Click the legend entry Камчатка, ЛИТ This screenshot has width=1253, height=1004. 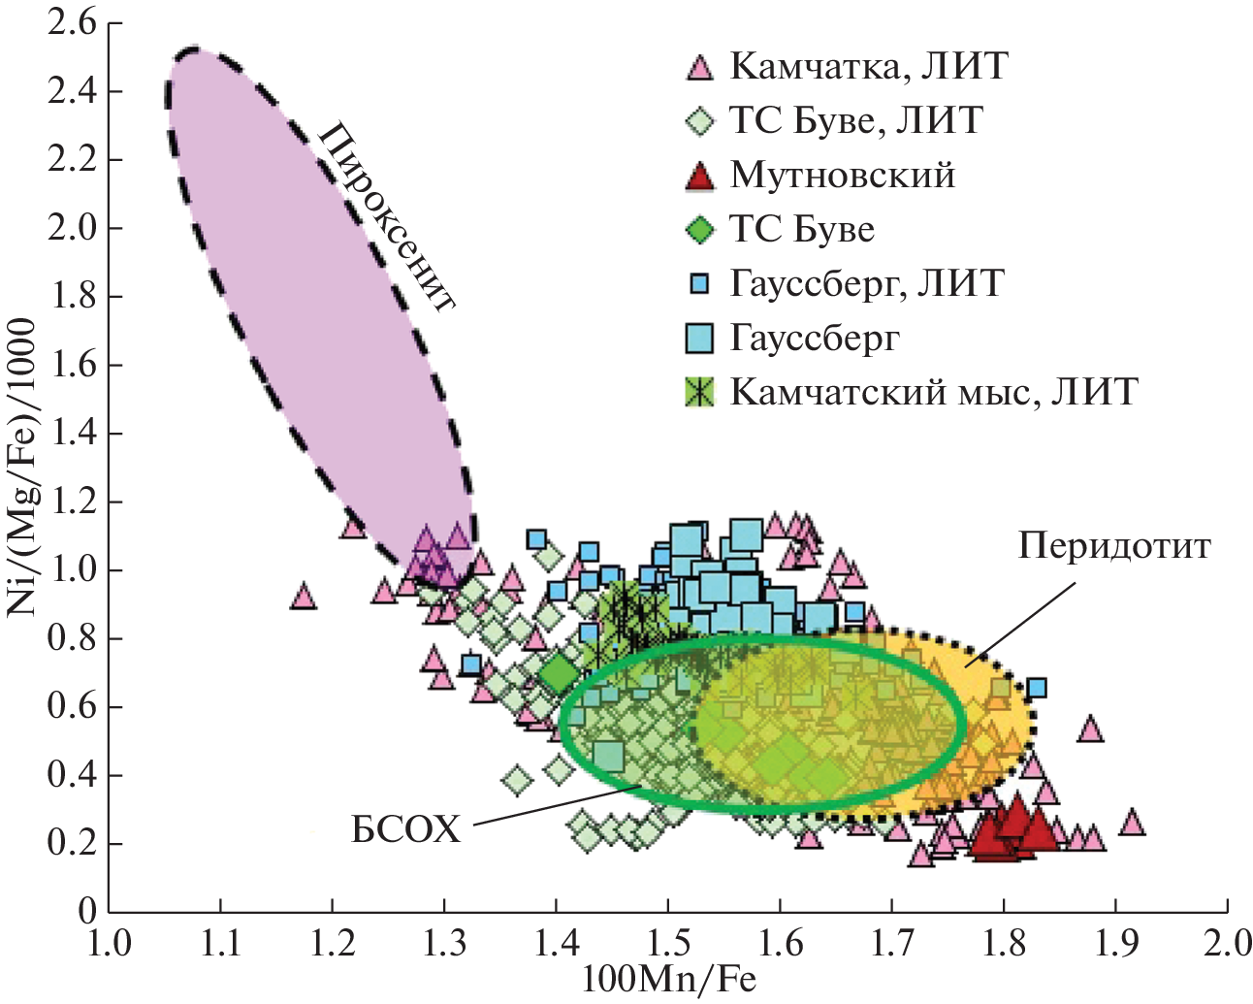click(x=868, y=66)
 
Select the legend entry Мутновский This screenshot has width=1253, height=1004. click(x=842, y=175)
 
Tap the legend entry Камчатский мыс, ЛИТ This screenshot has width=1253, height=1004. click(x=933, y=391)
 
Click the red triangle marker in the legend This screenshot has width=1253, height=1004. click(x=699, y=176)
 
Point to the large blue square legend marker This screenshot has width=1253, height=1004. click(x=699, y=338)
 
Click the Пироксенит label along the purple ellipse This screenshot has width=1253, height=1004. click(x=387, y=215)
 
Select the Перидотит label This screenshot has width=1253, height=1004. click(x=1114, y=546)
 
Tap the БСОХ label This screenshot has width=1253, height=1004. click(x=405, y=830)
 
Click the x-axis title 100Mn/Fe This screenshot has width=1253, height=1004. click(x=668, y=980)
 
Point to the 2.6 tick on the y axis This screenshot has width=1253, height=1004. click(x=72, y=23)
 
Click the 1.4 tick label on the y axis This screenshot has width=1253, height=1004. click(x=72, y=434)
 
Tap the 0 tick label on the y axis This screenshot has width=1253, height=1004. click(x=88, y=911)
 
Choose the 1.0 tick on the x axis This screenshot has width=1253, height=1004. click(x=110, y=944)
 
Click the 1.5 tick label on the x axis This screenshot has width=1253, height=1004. click(x=668, y=944)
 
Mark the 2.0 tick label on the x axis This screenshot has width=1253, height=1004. click(x=1226, y=944)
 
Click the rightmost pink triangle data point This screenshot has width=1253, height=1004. click(x=1131, y=824)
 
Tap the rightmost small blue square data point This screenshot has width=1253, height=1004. click(x=1037, y=688)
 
